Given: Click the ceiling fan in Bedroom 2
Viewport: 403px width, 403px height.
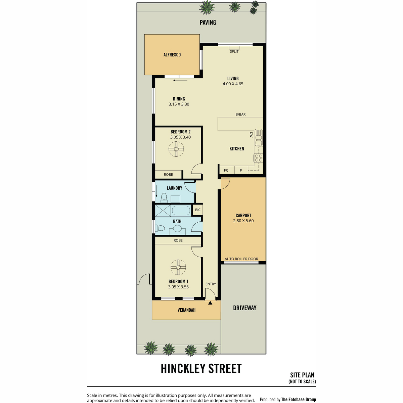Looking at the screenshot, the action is [x=176, y=149].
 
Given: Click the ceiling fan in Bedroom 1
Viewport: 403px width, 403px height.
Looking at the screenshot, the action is [x=178, y=267].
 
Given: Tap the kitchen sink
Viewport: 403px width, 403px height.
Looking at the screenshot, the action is [x=259, y=138].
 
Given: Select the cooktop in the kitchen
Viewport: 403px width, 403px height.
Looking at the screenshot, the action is [x=259, y=158].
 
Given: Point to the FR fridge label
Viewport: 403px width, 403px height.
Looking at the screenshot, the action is [x=226, y=171].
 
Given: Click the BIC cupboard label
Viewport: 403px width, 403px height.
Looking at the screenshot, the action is [x=197, y=210].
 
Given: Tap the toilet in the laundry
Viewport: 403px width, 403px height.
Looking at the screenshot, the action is [x=164, y=197].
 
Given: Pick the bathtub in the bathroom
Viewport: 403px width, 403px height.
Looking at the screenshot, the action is [x=181, y=210].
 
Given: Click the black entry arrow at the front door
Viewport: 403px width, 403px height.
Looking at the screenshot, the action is [x=210, y=303].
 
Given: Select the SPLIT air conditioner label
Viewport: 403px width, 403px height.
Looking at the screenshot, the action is [x=234, y=51].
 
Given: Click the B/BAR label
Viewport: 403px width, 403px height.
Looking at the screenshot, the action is [x=240, y=115].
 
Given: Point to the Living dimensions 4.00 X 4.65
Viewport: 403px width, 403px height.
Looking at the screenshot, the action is [x=233, y=84].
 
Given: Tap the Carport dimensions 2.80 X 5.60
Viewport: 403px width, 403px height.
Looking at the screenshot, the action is [x=243, y=221].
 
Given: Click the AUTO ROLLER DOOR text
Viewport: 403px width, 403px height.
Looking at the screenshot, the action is [x=241, y=259].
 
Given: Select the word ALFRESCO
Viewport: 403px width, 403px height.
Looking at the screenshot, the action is [x=172, y=55].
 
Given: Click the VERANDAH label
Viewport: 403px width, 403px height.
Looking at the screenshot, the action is [x=186, y=310].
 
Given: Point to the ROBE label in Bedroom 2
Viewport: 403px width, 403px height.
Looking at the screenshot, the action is [x=168, y=174].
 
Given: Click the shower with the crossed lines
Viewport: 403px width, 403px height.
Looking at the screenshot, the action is [x=163, y=210].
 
